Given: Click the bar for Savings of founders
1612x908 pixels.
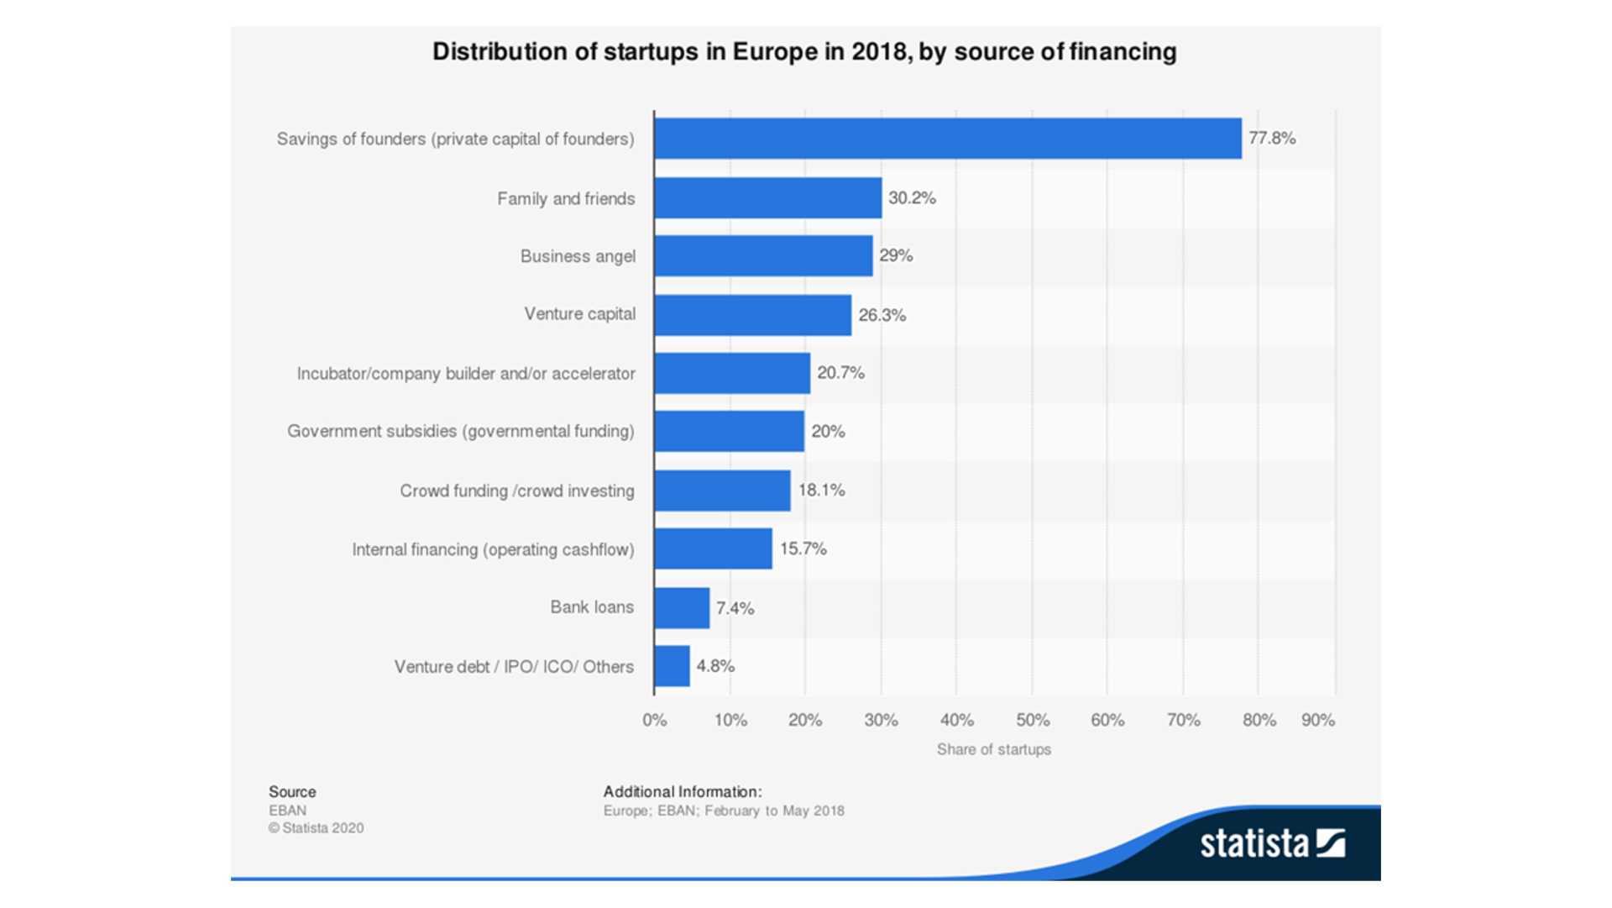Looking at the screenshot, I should [947, 139].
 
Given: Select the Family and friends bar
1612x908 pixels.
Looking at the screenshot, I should [767, 198].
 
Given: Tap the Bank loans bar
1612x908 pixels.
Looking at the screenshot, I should [682, 607].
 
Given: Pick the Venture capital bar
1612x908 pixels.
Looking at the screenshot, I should [752, 315].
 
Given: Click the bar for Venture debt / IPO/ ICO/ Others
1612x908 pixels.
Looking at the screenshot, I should [672, 666].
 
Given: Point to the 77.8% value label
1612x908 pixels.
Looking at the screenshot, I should [1271, 139].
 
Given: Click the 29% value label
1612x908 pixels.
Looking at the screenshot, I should [895, 256].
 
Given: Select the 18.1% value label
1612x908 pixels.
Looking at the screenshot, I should [821, 491].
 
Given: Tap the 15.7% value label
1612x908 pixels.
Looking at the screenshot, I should [803, 549].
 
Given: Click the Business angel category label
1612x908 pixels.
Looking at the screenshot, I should [578, 256].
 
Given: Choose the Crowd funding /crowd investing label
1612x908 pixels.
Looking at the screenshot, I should [516, 491].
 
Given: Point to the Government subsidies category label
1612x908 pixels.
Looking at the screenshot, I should [460, 432].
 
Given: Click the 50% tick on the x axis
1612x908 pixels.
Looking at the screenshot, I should [1032, 721].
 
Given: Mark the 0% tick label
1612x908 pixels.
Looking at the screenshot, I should [654, 721].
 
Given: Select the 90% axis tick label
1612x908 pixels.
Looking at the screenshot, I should [1317, 721].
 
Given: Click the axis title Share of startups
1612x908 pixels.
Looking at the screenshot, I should [993, 749].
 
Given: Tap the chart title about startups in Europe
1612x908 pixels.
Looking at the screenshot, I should [803, 52].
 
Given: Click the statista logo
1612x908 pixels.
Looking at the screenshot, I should [1271, 842].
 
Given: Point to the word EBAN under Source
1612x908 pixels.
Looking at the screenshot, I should [287, 811].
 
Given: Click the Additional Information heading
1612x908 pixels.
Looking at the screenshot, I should [682, 791].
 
